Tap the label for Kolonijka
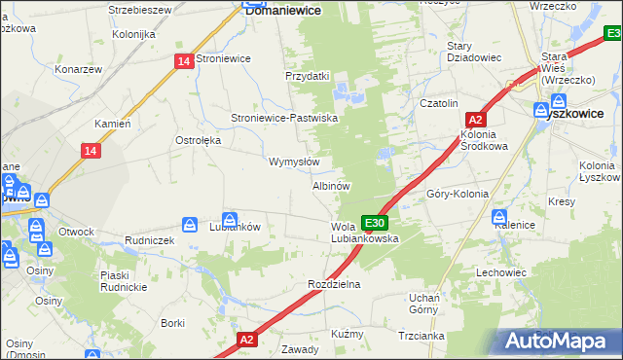click(133, 34)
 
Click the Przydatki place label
click(308, 76)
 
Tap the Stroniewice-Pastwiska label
click(283, 118)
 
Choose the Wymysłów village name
click(293, 162)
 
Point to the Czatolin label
click(438, 103)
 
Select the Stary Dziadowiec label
click(473, 52)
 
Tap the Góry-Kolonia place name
click(458, 194)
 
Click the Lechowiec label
click(500, 272)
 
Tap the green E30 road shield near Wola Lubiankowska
click(375, 223)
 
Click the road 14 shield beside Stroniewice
click(185, 60)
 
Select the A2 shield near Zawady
click(247, 340)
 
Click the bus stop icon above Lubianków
click(230, 219)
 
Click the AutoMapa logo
click(559, 341)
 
